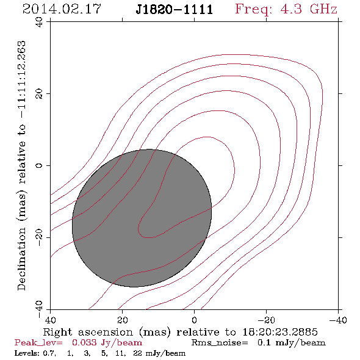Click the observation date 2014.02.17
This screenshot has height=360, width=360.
coord(62,9)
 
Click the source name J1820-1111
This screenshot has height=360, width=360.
coord(174,10)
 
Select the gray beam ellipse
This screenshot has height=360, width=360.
coord(142,218)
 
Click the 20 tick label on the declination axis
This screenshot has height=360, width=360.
coord(39,94)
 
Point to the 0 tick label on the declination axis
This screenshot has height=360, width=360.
coord(39,165)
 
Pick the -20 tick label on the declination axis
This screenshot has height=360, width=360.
coord(39,237)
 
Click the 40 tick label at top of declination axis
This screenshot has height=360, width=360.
coord(39,22)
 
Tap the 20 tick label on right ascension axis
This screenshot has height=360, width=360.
coord(123,320)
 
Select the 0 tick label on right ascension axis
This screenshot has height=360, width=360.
coord(195,320)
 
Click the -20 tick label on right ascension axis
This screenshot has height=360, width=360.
coord(266,320)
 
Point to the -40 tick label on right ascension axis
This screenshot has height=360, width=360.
coord(338,320)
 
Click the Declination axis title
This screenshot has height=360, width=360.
coord(21,165)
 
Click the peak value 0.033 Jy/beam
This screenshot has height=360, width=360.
coord(107,343)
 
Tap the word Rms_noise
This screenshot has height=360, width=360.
coord(220,343)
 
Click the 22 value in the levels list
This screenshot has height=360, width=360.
coord(137,353)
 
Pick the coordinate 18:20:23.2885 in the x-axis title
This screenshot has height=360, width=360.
coord(280,332)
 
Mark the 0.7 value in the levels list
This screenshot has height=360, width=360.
coord(49,353)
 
